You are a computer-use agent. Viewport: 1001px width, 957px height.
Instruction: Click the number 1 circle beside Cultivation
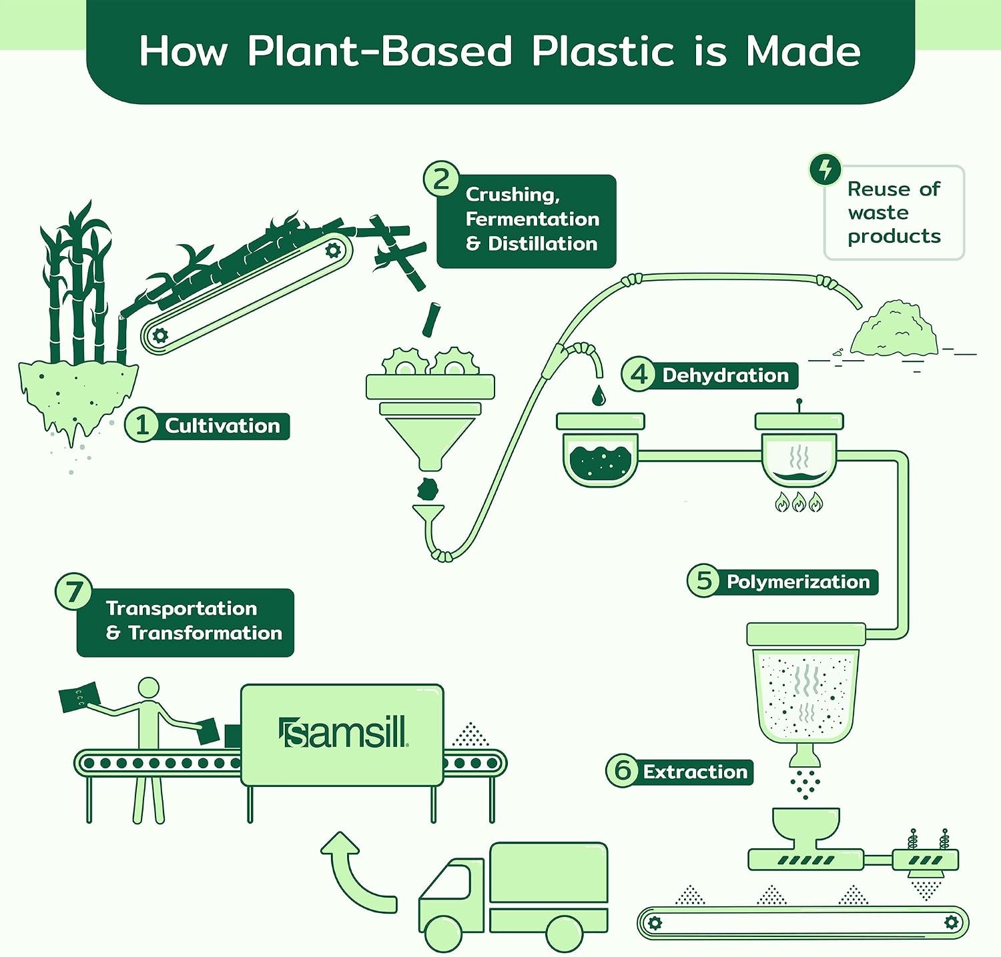click(141, 425)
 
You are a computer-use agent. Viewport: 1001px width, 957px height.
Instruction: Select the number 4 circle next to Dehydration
click(639, 374)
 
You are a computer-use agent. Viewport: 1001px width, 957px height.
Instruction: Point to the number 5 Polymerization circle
click(704, 580)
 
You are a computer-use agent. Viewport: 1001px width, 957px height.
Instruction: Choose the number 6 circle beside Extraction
click(623, 770)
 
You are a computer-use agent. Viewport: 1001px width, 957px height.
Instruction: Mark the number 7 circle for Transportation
click(73, 592)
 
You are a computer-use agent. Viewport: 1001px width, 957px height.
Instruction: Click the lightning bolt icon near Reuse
click(825, 169)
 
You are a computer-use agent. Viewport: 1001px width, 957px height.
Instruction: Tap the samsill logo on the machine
click(343, 733)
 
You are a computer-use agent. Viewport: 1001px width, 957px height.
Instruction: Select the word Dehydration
click(725, 375)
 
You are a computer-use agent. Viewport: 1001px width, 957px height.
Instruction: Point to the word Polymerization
click(798, 582)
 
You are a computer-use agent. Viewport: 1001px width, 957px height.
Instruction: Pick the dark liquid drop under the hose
click(599, 396)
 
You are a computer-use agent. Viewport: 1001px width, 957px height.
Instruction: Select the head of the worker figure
click(148, 689)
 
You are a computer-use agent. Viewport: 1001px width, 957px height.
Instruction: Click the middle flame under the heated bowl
click(799, 502)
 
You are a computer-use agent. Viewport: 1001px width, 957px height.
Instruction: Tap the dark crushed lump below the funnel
click(428, 489)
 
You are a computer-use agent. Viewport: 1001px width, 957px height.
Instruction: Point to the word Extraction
click(695, 772)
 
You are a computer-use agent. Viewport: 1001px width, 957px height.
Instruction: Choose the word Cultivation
click(223, 426)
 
